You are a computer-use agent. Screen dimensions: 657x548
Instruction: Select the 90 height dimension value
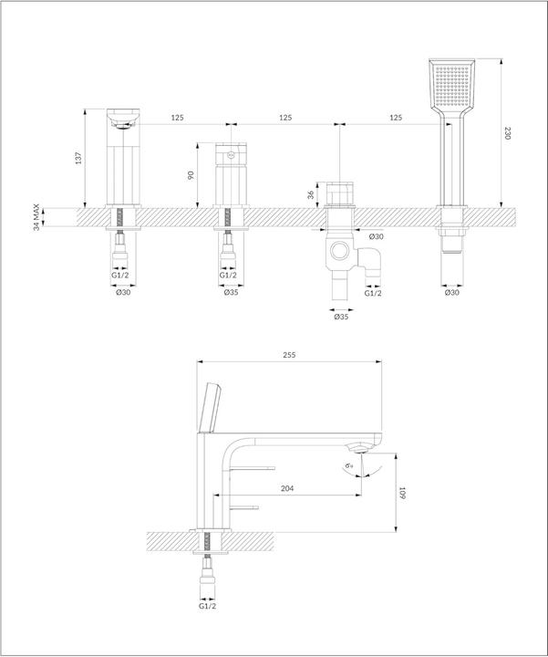[x=191, y=175]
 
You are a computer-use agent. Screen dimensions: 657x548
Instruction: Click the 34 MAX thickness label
[x=36, y=218]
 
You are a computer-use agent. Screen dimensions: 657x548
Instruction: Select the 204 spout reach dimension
[x=287, y=489]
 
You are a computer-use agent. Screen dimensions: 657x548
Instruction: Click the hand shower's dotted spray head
[x=451, y=89]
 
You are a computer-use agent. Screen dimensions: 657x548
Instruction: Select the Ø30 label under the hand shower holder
[x=451, y=293]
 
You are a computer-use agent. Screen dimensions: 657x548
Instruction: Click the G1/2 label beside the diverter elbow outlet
[x=374, y=293]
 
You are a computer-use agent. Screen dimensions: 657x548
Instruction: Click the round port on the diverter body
[x=340, y=250]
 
